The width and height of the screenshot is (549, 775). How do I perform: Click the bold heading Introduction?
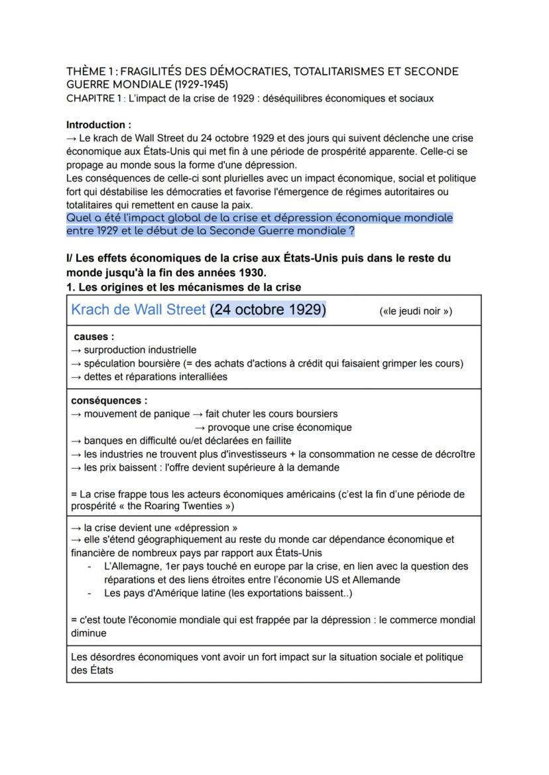click(98, 125)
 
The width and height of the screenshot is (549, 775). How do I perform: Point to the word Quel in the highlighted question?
click(79, 218)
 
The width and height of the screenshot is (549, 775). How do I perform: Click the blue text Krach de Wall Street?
click(138, 310)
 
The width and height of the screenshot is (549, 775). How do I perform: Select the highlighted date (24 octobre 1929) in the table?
click(269, 310)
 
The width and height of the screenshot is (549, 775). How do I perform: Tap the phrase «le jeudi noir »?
click(416, 312)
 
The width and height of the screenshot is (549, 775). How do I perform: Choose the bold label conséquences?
click(109, 400)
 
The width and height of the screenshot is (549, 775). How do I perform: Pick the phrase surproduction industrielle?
click(140, 350)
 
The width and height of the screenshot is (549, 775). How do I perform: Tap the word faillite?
click(274, 440)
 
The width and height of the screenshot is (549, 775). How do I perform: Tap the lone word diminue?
click(89, 633)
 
